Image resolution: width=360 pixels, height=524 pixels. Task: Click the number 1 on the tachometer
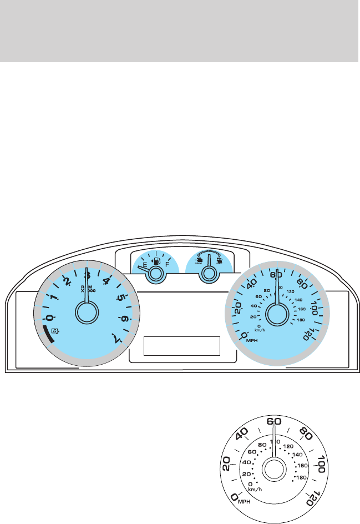54,298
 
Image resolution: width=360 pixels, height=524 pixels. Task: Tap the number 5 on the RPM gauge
120,298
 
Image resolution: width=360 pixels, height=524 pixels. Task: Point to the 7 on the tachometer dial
116,339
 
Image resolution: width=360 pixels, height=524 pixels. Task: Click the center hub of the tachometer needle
86,313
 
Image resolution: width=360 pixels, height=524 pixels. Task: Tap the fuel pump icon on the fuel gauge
156,260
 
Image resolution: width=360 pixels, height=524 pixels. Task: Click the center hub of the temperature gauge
209,273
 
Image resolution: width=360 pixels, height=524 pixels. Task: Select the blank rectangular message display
182,346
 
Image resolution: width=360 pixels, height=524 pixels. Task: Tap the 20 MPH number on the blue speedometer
237,307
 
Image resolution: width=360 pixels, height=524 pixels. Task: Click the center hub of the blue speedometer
276,314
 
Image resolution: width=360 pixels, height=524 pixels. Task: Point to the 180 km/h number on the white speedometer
302,477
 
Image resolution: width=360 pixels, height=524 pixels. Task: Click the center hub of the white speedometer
273,471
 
